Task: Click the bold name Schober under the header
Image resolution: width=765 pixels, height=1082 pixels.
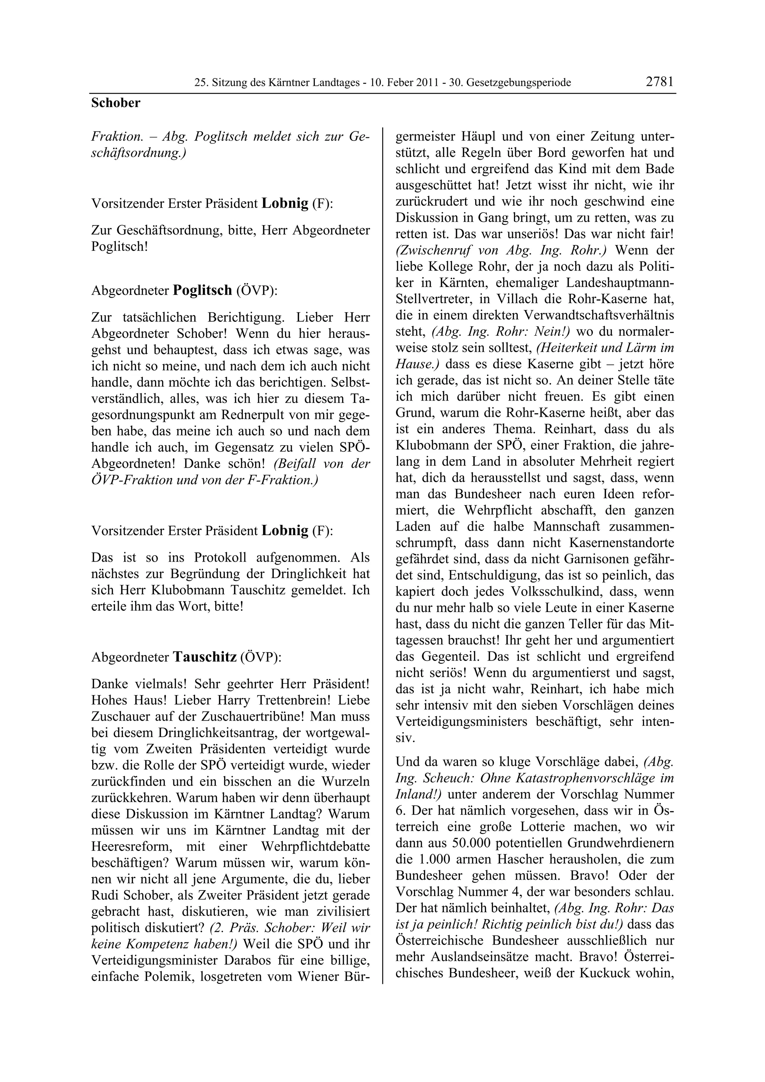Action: coord(115,103)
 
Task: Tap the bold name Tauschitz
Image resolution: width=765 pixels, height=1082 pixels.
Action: coord(205,657)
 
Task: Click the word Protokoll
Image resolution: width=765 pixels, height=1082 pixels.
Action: coord(220,557)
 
